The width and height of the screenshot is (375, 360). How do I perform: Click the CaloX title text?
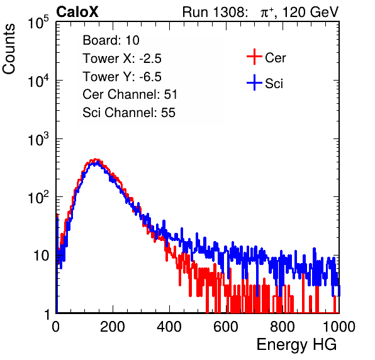point(77,12)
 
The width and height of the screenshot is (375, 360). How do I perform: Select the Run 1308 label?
point(215,12)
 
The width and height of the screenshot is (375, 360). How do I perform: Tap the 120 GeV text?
point(311,12)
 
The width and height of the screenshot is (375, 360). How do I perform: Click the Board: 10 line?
point(111,40)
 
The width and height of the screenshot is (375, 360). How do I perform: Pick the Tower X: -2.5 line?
point(122,58)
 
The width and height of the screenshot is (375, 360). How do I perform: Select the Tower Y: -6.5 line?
point(122,76)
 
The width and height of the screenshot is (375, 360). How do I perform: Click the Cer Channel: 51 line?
point(130,94)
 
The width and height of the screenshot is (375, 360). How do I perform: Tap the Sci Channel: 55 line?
point(129,113)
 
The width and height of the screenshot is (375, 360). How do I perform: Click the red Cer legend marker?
point(254,57)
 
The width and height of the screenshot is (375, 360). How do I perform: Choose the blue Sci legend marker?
point(254,83)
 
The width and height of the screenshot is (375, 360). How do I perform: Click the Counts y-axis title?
point(9,49)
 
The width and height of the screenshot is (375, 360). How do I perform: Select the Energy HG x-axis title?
point(296,345)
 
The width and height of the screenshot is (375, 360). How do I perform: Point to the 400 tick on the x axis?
point(169,327)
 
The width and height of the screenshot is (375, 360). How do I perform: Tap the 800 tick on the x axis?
point(283,327)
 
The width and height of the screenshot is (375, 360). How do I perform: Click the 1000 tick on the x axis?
point(339,327)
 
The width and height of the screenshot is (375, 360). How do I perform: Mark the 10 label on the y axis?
point(42,256)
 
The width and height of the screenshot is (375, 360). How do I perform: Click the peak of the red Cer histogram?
point(96,159)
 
